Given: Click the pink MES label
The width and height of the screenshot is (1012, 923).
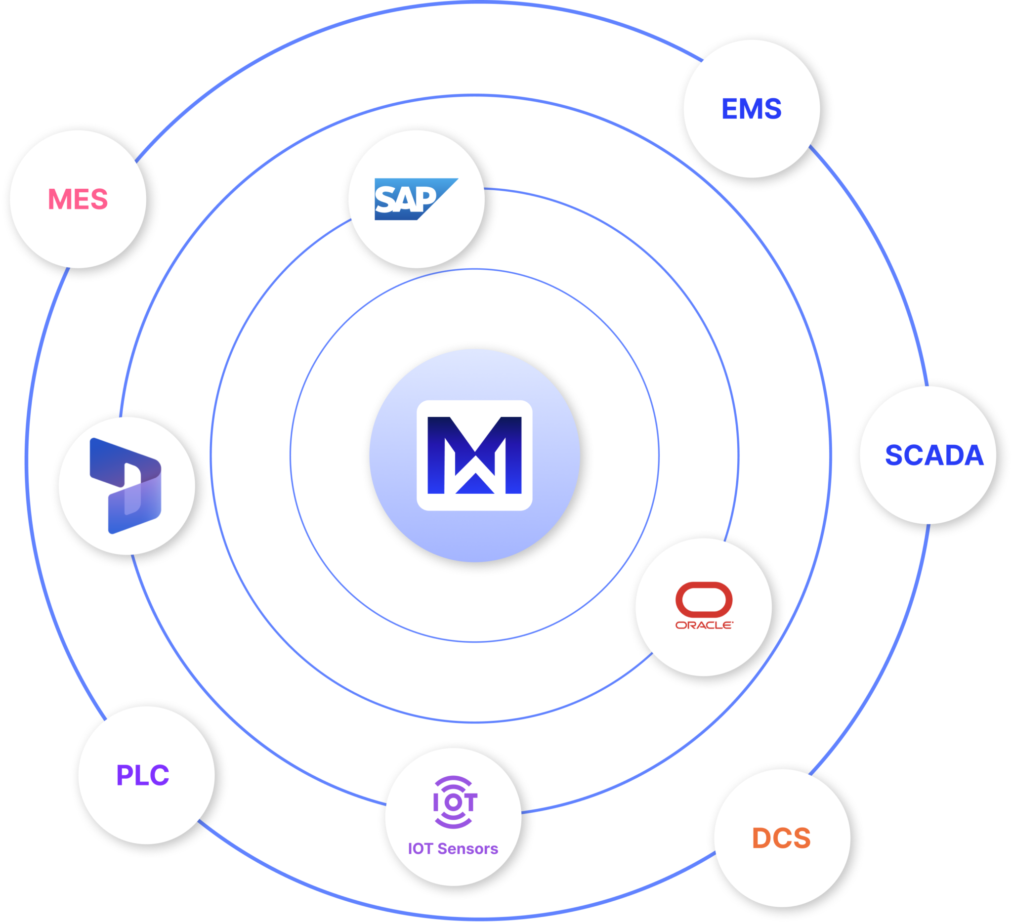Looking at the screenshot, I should tap(78, 199).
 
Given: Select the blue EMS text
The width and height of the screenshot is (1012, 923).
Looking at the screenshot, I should tap(752, 109).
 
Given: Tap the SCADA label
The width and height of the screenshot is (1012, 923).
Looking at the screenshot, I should tap(934, 455).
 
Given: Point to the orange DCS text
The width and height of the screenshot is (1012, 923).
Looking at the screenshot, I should tap(781, 838).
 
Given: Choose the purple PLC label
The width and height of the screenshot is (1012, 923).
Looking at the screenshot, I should tap(143, 775).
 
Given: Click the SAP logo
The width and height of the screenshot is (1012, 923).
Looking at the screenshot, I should tap(416, 199).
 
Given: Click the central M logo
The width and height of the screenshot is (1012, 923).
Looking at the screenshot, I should tap(474, 455).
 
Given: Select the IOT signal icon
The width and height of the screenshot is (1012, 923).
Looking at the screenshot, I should tap(455, 802).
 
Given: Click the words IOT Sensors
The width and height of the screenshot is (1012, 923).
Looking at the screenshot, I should tap(453, 848).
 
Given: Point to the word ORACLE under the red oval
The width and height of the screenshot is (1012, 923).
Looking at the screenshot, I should tap(704, 625).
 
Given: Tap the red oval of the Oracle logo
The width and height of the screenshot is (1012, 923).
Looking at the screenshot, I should tap(704, 599).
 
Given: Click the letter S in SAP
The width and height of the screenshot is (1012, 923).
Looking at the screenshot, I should tap(385, 200).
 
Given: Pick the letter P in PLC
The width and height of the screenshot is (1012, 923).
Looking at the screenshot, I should tap(124, 775).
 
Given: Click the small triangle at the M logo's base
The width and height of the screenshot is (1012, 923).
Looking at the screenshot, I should tap(474, 484).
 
